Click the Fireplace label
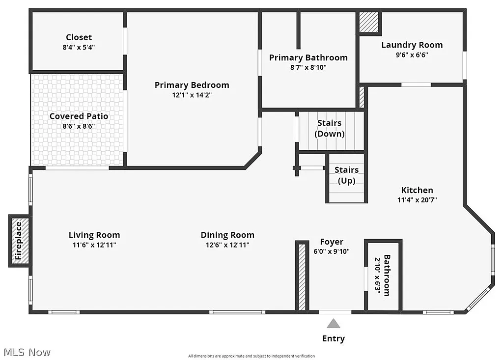pyautogui.click(x=19, y=241)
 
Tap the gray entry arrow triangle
pyautogui.click(x=334, y=323)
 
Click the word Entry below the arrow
pyautogui.click(x=334, y=338)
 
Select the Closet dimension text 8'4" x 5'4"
pyautogui.click(x=79, y=48)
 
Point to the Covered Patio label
pyautogui.click(x=79, y=116)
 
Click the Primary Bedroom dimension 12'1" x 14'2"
pyautogui.click(x=192, y=95)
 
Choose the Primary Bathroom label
pyautogui.click(x=308, y=57)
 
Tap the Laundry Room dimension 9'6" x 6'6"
pyautogui.click(x=412, y=55)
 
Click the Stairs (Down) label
pyautogui.click(x=330, y=128)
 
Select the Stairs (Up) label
pyautogui.click(x=346, y=175)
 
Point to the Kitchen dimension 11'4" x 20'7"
pyautogui.click(x=417, y=200)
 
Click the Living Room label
pyautogui.click(x=94, y=235)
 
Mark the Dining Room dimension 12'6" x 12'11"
pyautogui.click(x=227, y=245)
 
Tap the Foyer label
pyautogui.click(x=332, y=242)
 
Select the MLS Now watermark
pyautogui.click(x=27, y=352)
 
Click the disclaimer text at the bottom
pyautogui.click(x=251, y=356)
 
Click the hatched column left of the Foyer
pyautogui.click(x=302, y=277)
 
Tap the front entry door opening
pyautogui.click(x=335, y=312)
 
